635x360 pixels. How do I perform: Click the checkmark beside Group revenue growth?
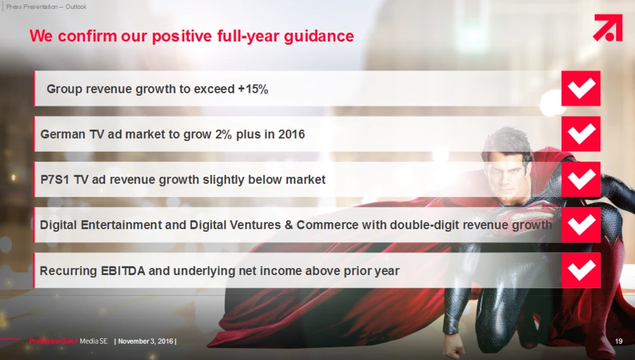[581, 88]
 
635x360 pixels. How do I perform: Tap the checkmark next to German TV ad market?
[581, 133]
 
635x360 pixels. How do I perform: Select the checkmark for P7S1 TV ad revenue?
[581, 180]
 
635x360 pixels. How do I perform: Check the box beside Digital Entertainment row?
[581, 225]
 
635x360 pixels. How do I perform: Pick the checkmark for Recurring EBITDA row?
[581, 270]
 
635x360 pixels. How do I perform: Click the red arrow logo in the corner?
[608, 27]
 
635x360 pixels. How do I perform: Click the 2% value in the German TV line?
[224, 134]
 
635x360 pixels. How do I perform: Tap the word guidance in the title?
[319, 36]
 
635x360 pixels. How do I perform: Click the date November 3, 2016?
[145, 342]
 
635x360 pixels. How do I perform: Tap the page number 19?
[618, 342]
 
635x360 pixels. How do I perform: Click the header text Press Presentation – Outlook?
[46, 6]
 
